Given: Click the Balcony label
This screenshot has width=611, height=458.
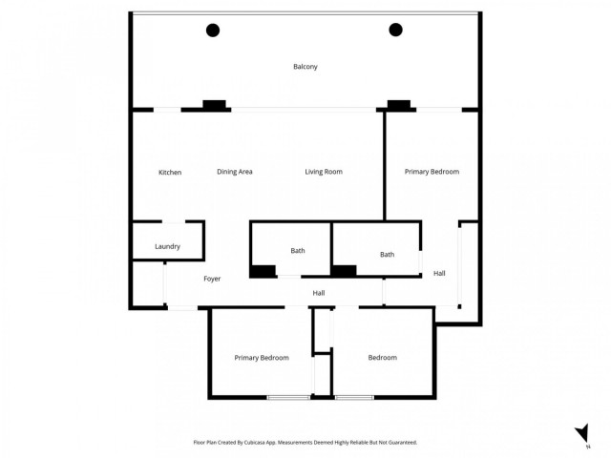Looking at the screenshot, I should [305, 67].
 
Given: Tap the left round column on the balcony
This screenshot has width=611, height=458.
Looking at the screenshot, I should [213, 31].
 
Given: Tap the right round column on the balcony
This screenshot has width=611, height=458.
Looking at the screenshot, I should [395, 31].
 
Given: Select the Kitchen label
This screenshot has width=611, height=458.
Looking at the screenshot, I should [170, 172].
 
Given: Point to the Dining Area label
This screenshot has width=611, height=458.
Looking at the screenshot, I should [234, 172].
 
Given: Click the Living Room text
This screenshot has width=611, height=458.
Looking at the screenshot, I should [324, 172].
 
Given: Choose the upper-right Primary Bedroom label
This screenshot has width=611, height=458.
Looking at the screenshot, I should [432, 172].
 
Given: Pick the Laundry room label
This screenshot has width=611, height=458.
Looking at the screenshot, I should [167, 247].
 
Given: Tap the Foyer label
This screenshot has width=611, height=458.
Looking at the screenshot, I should [212, 279].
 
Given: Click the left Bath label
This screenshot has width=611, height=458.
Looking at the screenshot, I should [298, 251].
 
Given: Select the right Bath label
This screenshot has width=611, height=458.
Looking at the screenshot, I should [387, 255].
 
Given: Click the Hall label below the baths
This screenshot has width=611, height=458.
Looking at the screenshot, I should [319, 293].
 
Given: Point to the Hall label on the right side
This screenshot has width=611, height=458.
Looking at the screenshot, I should [439, 274].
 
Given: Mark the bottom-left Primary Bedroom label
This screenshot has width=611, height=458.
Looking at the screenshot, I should [262, 358].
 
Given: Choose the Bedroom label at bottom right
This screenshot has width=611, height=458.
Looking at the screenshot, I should [383, 358].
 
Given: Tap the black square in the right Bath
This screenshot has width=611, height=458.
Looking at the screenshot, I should [344, 271].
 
